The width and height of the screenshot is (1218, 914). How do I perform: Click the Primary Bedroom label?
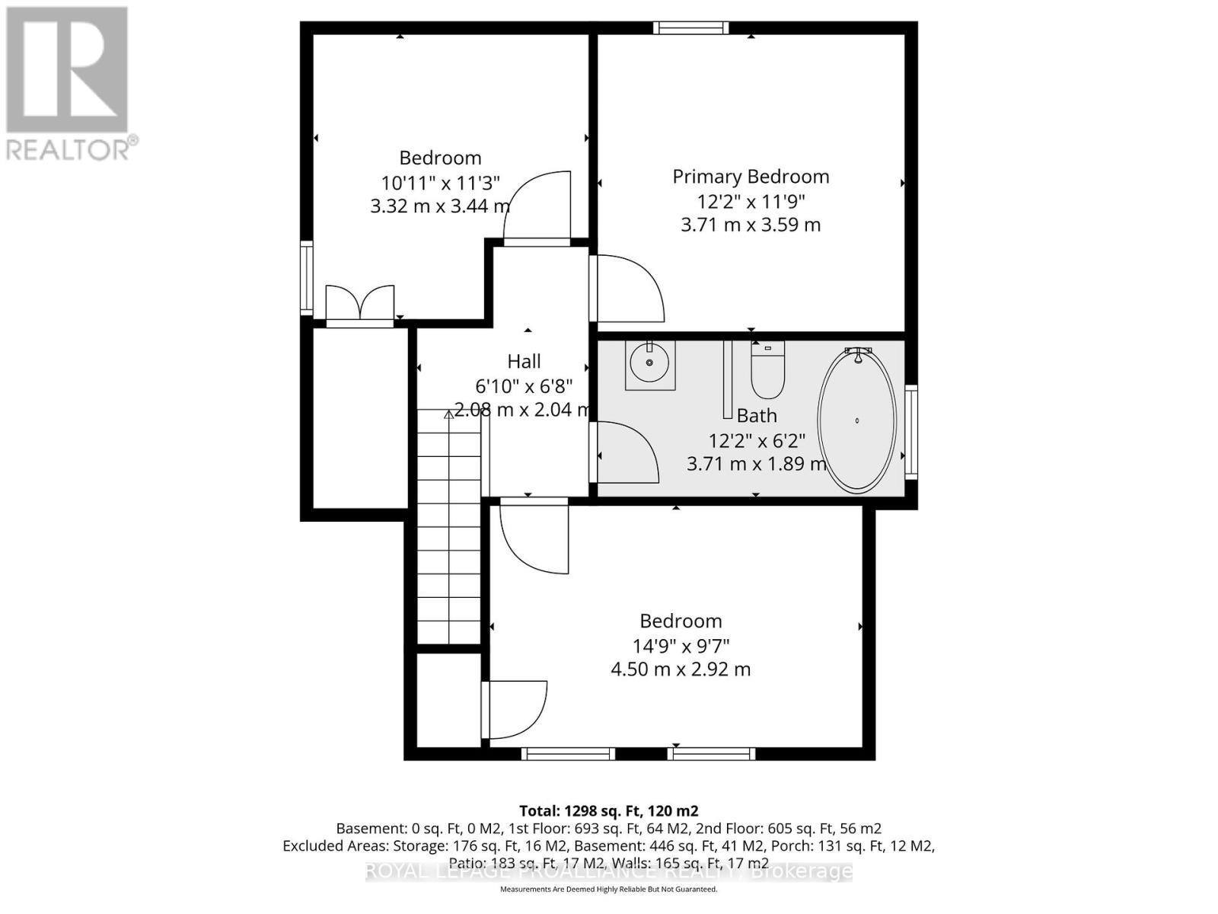tap(751, 177)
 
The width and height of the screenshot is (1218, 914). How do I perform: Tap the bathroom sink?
tap(650, 365)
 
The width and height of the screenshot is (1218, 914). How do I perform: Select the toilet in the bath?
tap(767, 370)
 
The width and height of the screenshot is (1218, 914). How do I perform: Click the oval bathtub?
tap(856, 420)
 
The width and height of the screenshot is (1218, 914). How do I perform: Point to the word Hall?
tap(525, 362)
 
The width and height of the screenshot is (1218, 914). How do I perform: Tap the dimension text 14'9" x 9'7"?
tap(681, 646)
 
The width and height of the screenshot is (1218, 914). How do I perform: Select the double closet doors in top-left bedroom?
tap(359, 305)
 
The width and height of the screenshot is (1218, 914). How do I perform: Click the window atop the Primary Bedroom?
tap(690, 28)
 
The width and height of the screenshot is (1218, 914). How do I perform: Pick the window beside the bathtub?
tap(911, 431)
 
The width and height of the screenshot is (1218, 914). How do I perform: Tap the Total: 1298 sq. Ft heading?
tap(608, 811)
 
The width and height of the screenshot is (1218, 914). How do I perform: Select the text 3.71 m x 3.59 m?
tap(751, 225)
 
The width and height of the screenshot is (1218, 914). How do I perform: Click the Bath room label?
tap(757, 416)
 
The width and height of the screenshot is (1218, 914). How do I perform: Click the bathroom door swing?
tap(626, 452)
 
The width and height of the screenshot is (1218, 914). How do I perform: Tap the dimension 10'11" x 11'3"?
tap(440, 183)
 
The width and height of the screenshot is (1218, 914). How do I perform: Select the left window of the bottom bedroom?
tap(568, 754)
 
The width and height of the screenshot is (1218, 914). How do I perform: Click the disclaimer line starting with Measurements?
tap(608, 890)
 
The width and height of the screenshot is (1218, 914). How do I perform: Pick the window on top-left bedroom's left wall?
tap(306, 277)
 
